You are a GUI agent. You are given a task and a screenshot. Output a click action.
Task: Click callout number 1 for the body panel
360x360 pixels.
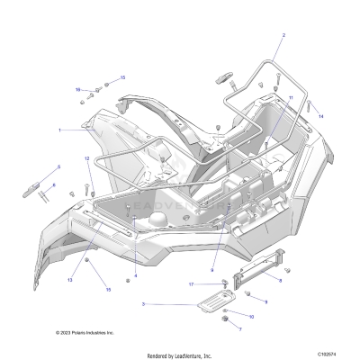[59, 130]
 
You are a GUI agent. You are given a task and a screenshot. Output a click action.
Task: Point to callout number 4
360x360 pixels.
[135, 274]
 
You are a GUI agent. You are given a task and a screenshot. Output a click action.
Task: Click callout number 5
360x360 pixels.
[59, 167]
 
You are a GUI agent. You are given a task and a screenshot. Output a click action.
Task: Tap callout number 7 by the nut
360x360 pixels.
[240, 328]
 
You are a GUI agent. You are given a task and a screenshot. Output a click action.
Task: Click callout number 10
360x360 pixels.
[251, 316]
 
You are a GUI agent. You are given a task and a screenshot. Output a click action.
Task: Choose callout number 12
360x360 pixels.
[87, 159]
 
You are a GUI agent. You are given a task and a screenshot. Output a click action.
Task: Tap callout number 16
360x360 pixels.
[78, 89]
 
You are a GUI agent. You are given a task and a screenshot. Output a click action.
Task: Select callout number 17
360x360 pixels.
[192, 284]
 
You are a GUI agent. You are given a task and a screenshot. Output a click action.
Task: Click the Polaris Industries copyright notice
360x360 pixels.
[85, 332]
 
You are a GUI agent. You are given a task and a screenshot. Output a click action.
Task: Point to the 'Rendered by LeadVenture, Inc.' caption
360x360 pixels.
[179, 354]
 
